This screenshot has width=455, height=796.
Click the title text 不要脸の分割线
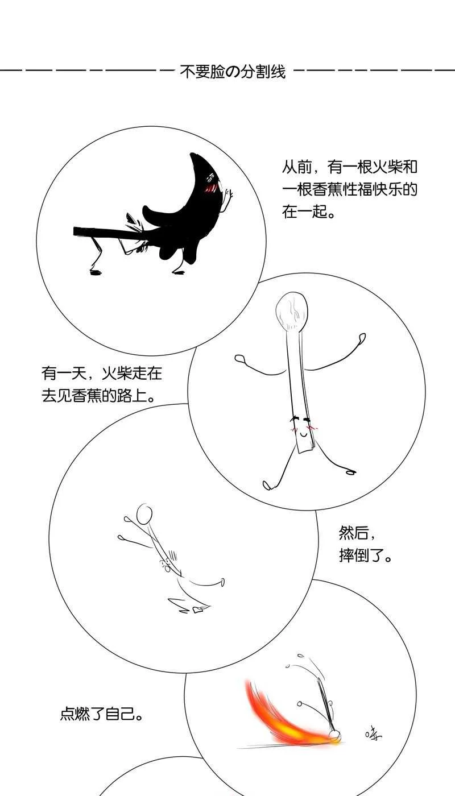[232, 72]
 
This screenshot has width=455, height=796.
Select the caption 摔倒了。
[366, 555]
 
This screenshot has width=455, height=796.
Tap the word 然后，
[357, 533]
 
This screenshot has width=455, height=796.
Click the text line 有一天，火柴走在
[101, 374]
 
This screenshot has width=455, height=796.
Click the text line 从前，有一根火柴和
[349, 167]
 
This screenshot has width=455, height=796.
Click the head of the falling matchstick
[144, 513]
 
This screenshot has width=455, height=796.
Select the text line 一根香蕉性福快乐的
[349, 190]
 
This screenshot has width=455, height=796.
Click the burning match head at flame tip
[335, 737]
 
